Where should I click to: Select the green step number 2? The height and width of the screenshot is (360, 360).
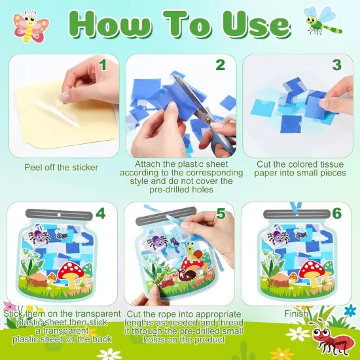pos(220,65)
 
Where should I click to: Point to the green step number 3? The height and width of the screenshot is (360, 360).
pos(336,65)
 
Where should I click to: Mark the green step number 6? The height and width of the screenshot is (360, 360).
pos(336,214)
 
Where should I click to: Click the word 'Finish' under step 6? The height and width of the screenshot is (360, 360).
pos(296,314)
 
